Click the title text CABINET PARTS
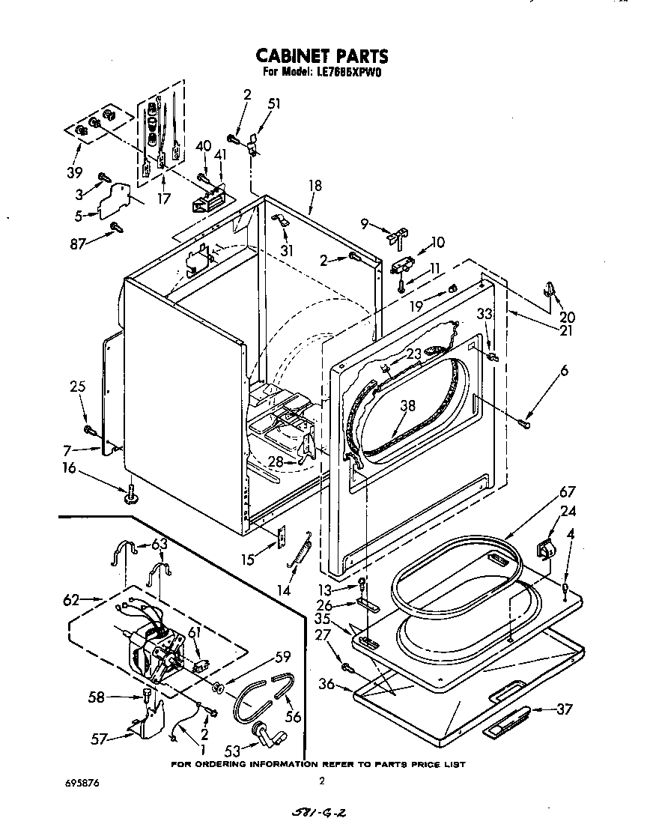(x=322, y=55)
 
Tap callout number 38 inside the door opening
(x=407, y=405)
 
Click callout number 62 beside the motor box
(x=72, y=599)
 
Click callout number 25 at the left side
(x=78, y=387)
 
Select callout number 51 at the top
(x=274, y=104)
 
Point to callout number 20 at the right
(x=568, y=317)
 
